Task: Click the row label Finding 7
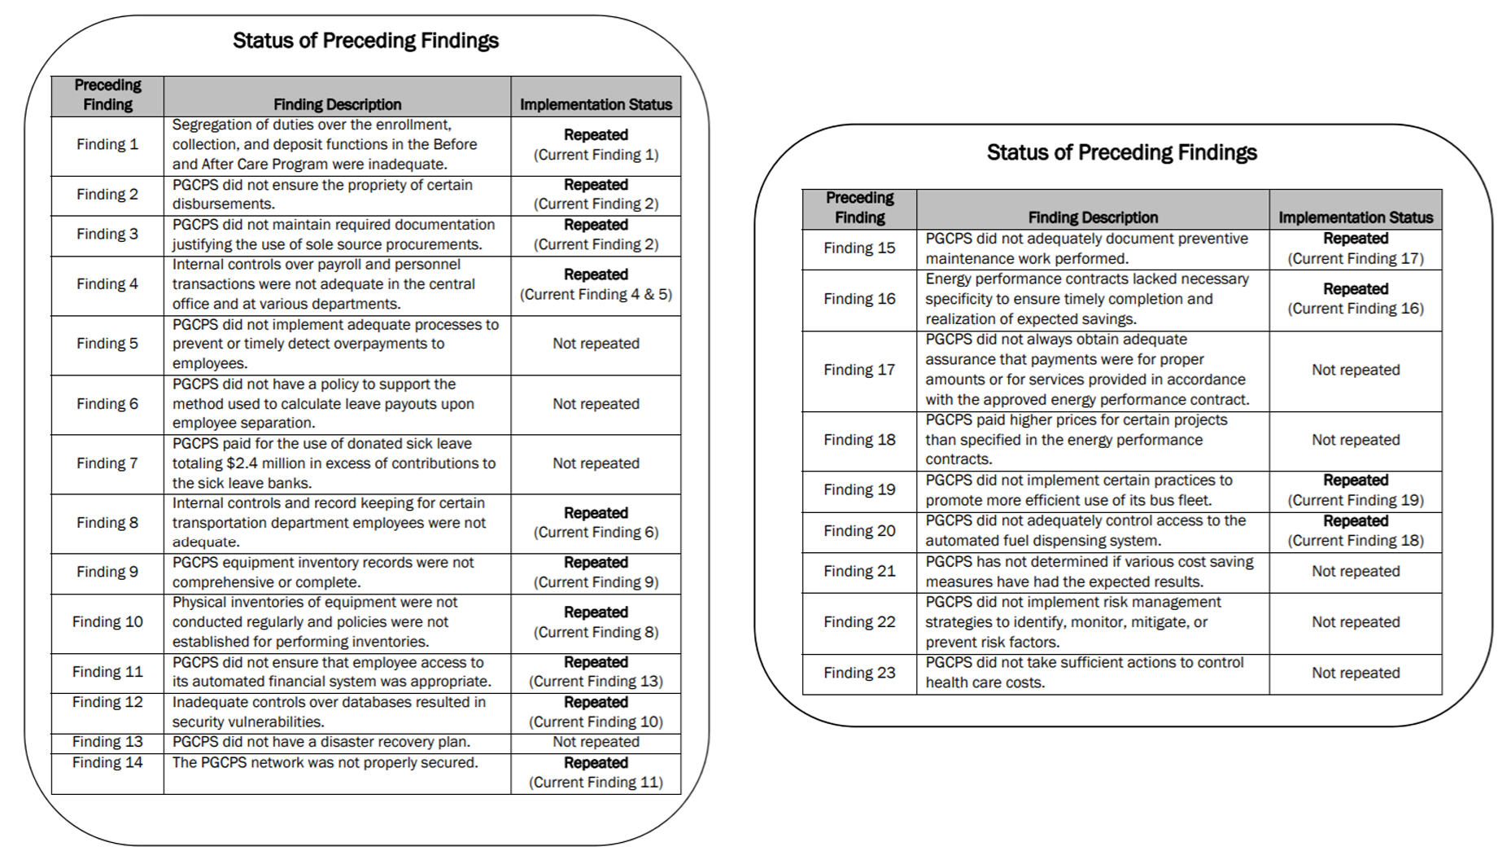(107, 463)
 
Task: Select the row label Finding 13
(107, 742)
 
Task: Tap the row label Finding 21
(859, 572)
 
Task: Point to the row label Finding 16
(859, 299)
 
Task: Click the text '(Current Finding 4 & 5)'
(596, 295)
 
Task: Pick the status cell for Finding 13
(596, 742)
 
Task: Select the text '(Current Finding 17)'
(1355, 259)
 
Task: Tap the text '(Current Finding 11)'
(596, 783)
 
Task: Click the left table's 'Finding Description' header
(337, 104)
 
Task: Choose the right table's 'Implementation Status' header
(1355, 217)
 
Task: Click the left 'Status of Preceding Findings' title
(365, 41)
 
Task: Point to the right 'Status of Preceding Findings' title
(1121, 152)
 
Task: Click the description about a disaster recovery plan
(321, 742)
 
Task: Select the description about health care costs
(1084, 673)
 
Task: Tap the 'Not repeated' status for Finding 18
(1355, 440)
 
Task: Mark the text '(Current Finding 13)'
(596, 682)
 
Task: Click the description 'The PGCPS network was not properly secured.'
(325, 763)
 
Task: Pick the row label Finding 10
(107, 622)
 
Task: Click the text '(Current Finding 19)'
(1355, 501)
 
